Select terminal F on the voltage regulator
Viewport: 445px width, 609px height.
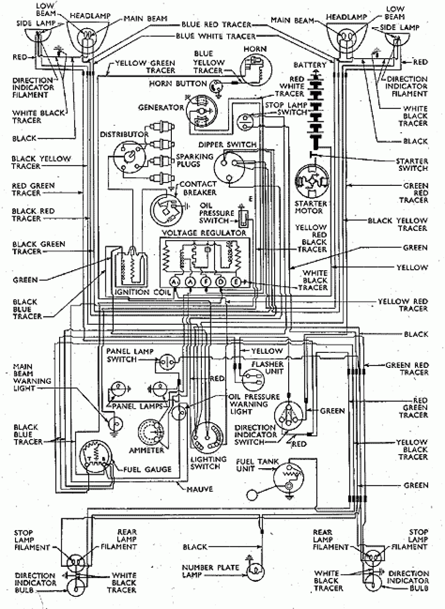pos(205,282)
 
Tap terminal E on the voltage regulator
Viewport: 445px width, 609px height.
pos(236,282)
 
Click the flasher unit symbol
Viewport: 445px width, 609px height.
pos(250,379)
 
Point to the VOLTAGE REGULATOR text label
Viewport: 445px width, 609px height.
pos(204,233)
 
